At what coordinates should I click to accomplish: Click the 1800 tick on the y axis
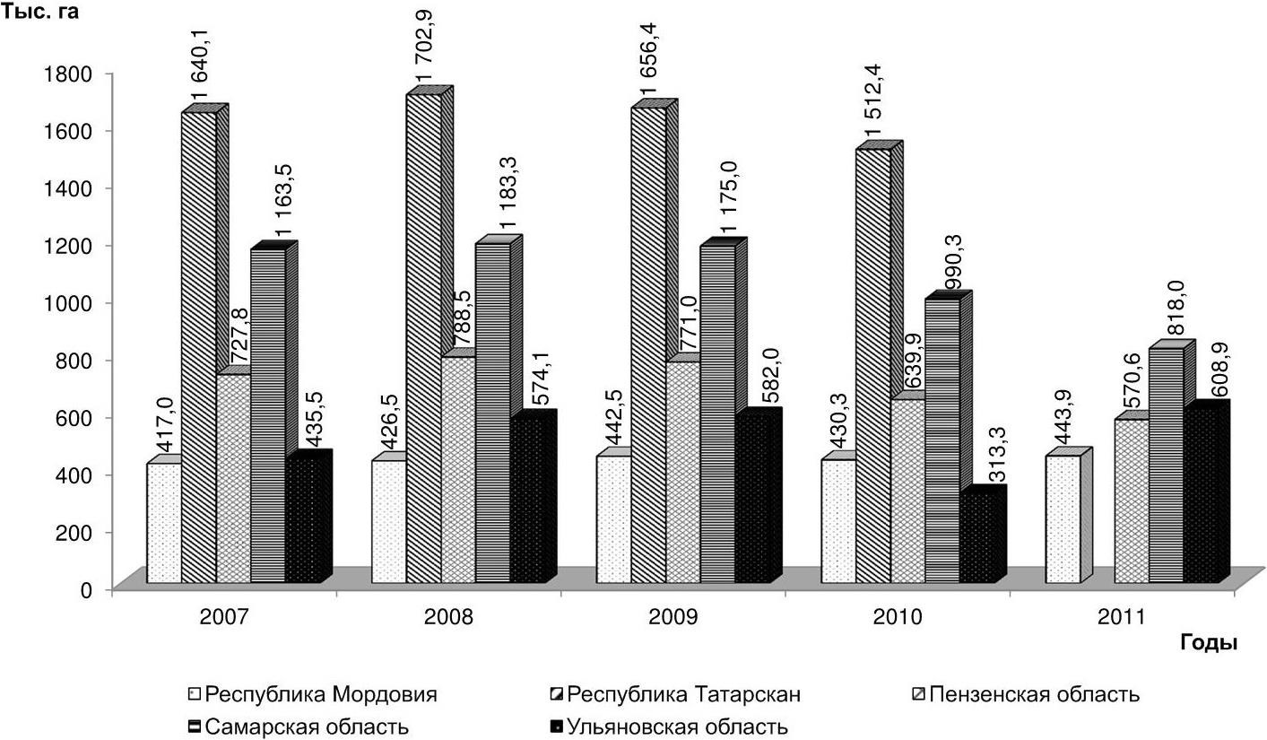click(x=74, y=74)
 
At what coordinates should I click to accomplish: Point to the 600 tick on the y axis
click(x=79, y=418)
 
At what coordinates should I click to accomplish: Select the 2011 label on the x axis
click(x=1121, y=618)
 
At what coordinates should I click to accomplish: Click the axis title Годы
click(x=1209, y=643)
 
